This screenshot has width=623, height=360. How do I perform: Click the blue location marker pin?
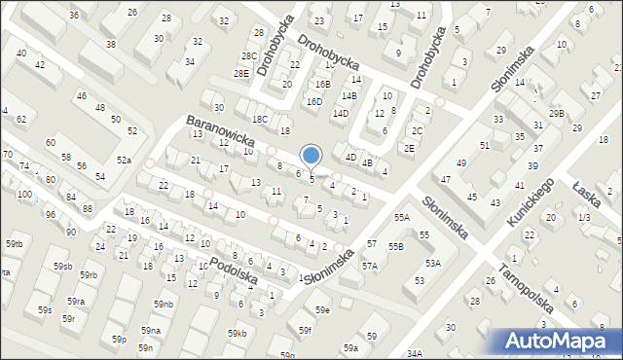(x=311, y=156)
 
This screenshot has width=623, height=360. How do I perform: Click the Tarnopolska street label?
(x=525, y=287)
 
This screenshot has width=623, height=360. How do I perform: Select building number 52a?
(x=124, y=160)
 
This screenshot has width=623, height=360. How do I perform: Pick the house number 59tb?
(x=14, y=242)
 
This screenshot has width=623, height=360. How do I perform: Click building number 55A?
(x=401, y=219)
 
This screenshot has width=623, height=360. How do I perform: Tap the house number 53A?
(x=432, y=263)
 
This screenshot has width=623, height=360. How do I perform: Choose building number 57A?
(x=370, y=266)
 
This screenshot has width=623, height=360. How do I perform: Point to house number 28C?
(x=249, y=56)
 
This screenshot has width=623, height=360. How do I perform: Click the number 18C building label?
(x=259, y=119)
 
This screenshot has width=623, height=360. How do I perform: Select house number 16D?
(x=313, y=101)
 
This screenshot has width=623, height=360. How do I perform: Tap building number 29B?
(x=556, y=114)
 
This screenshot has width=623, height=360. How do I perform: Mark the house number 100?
(x=23, y=195)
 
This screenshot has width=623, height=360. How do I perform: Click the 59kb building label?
(x=238, y=334)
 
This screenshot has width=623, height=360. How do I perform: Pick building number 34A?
(x=415, y=353)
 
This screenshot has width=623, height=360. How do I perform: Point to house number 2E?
(x=410, y=147)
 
